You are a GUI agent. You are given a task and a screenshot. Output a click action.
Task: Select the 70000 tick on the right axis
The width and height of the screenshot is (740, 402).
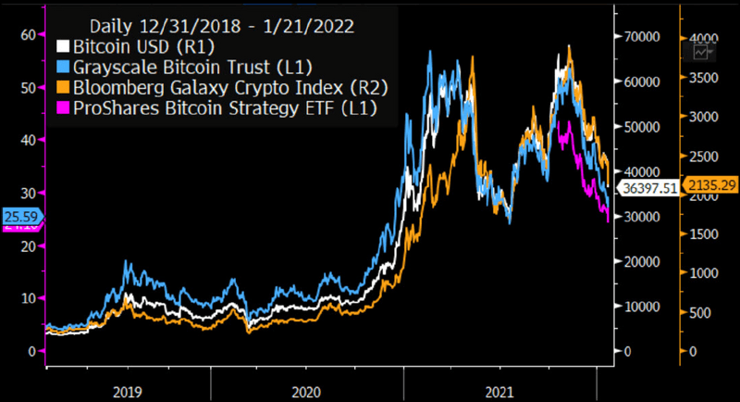coord(642,36)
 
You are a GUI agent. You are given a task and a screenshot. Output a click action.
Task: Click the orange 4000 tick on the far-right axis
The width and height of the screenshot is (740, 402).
coord(706,38)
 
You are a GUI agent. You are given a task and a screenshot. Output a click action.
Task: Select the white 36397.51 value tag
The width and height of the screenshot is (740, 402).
coord(646,187)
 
